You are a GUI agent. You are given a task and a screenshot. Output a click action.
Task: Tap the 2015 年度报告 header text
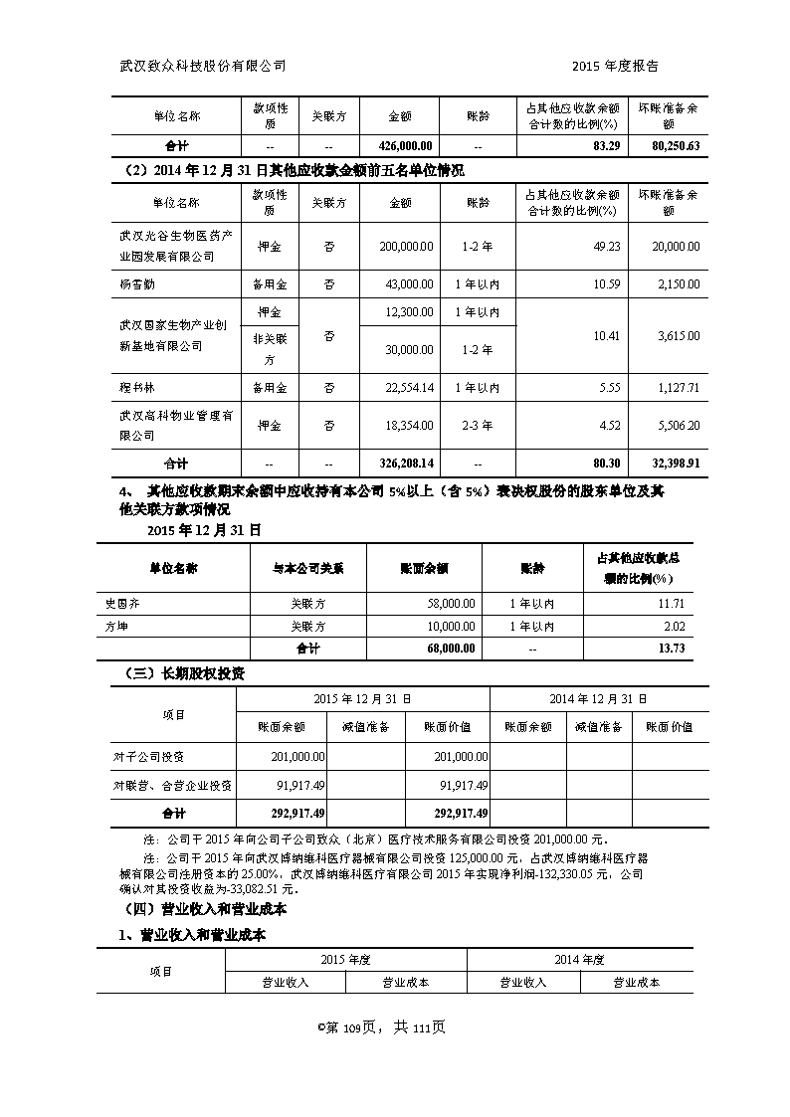[616, 66]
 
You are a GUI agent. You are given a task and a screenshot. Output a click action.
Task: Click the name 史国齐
[124, 604]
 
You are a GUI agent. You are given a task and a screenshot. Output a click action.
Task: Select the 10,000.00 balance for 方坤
[451, 627]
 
